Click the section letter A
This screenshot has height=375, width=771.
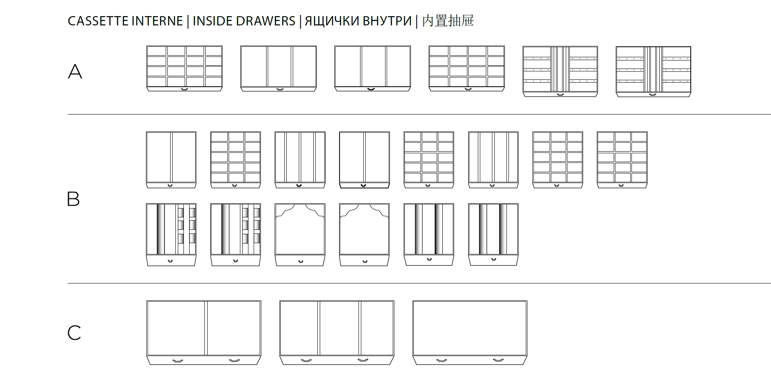point(75,71)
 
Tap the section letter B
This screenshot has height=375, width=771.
point(73,199)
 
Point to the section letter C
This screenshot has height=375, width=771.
point(74,333)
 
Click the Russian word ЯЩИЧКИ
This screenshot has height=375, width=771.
point(331,21)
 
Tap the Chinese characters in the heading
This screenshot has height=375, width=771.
point(448,21)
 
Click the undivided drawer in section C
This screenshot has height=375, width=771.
point(470,333)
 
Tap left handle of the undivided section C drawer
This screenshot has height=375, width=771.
point(442,360)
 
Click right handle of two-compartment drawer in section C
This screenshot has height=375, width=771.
point(234,360)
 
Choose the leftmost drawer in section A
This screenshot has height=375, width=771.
point(184,69)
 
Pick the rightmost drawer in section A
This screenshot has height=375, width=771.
point(653,72)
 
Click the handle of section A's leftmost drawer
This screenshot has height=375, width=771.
point(184,89)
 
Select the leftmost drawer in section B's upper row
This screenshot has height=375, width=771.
point(171,160)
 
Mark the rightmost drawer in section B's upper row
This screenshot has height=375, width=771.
point(622,160)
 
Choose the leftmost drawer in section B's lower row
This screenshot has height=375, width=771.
point(171,235)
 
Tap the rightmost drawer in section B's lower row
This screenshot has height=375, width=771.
point(493,235)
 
